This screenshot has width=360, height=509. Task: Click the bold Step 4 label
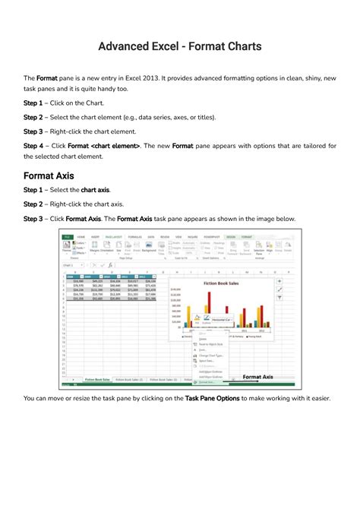33,144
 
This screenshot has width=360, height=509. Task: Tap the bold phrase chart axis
95,190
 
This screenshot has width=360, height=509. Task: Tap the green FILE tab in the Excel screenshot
67,236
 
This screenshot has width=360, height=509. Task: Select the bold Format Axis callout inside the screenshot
263,376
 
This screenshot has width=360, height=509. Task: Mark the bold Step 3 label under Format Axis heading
33,219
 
